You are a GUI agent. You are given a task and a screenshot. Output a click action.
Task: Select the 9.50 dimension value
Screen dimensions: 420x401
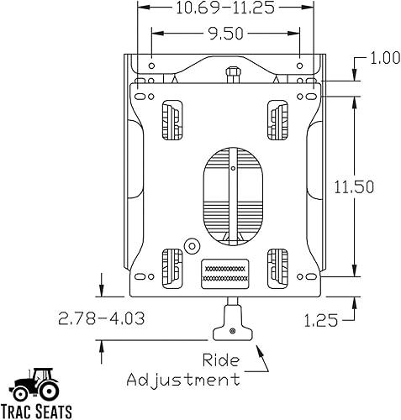pos(225,35)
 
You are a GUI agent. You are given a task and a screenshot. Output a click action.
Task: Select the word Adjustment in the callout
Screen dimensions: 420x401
pos(183,380)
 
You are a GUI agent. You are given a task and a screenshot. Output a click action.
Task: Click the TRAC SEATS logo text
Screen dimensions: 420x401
pos(41,412)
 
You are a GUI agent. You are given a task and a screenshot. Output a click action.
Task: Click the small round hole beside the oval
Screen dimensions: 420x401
pos(191,245)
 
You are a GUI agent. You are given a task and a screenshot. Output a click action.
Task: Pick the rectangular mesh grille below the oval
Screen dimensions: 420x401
pos(225,273)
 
